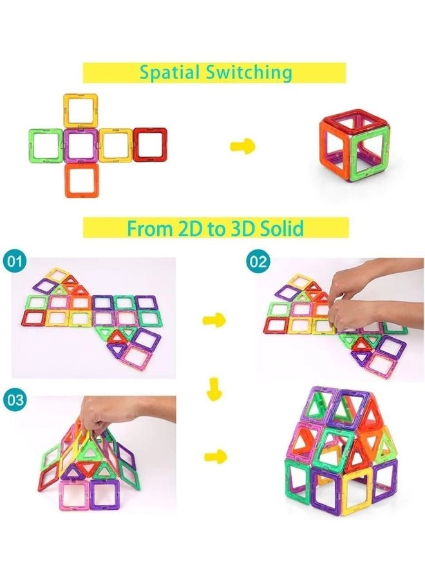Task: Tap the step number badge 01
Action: coord(14,262)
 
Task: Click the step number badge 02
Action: coord(258,262)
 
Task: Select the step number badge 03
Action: coord(14,400)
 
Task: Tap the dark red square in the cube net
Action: coord(150,144)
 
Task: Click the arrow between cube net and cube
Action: coord(243,146)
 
